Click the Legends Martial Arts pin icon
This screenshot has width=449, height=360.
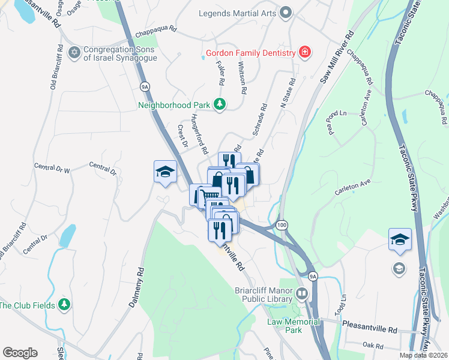(286, 12)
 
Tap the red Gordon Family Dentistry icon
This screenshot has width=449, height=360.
(305, 52)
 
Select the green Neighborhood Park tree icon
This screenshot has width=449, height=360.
(220, 104)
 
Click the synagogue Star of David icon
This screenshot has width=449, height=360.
(74, 53)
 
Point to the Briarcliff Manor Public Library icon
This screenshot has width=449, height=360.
(302, 295)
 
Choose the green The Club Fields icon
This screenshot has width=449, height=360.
(65, 305)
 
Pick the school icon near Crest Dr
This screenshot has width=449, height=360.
(165, 172)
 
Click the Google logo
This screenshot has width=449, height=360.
(20, 353)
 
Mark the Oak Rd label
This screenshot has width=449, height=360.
(373, 345)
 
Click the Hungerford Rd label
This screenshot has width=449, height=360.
(199, 133)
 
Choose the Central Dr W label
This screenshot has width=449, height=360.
(52, 167)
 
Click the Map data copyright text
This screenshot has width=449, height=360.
(423, 355)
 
